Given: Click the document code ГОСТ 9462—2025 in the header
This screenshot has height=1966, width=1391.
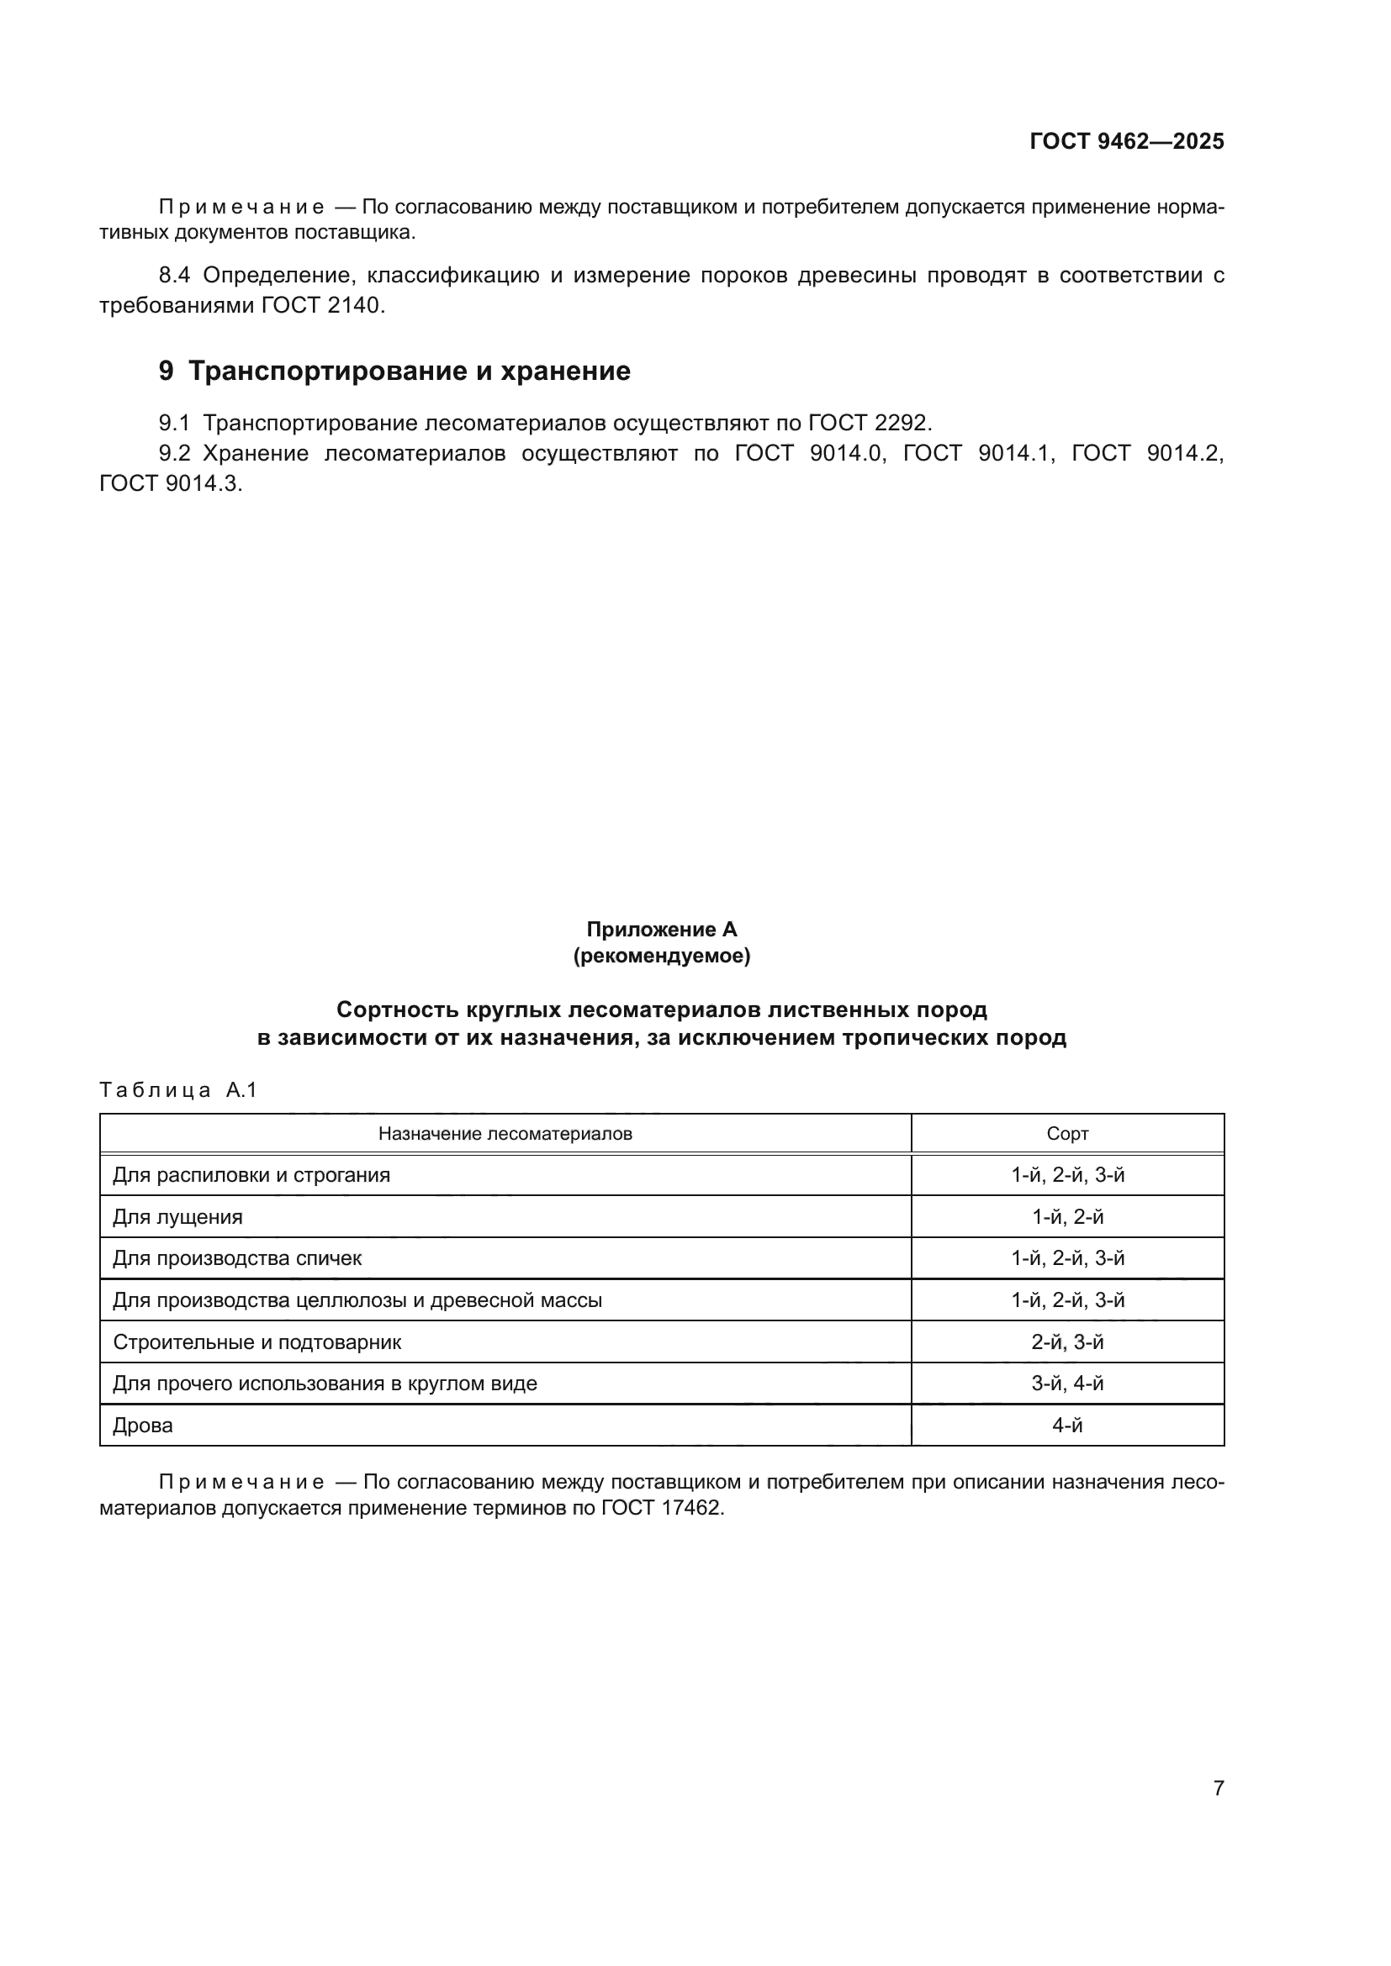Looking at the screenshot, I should pos(1126,141).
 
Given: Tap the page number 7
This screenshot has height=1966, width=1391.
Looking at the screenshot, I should pos(1218,1788).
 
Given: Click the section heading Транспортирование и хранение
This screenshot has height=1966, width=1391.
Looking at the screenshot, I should pos(409,371).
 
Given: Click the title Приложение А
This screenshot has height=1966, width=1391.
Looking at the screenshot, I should pos(661,929).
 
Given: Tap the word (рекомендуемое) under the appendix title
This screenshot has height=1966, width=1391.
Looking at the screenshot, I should pos(661,956).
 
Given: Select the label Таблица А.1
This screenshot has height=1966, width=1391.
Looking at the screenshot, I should pos(178,1090).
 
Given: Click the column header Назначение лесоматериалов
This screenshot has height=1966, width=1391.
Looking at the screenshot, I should pos(505,1134).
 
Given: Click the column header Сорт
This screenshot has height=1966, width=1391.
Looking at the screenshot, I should pos(1067,1134).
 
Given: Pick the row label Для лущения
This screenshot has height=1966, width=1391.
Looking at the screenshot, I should pos(178,1217).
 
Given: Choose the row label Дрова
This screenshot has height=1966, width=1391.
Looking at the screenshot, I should pos(143,1426).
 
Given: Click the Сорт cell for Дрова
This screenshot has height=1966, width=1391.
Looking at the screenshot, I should pos(1067,1426).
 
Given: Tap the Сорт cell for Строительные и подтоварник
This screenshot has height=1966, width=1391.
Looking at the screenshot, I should pos(1067,1341).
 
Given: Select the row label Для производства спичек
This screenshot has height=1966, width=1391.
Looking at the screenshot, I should pos(237,1258).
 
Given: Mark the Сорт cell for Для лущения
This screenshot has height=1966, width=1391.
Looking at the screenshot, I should pos(1067,1217).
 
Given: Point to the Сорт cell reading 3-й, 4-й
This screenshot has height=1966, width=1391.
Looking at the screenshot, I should pos(1067,1384).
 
